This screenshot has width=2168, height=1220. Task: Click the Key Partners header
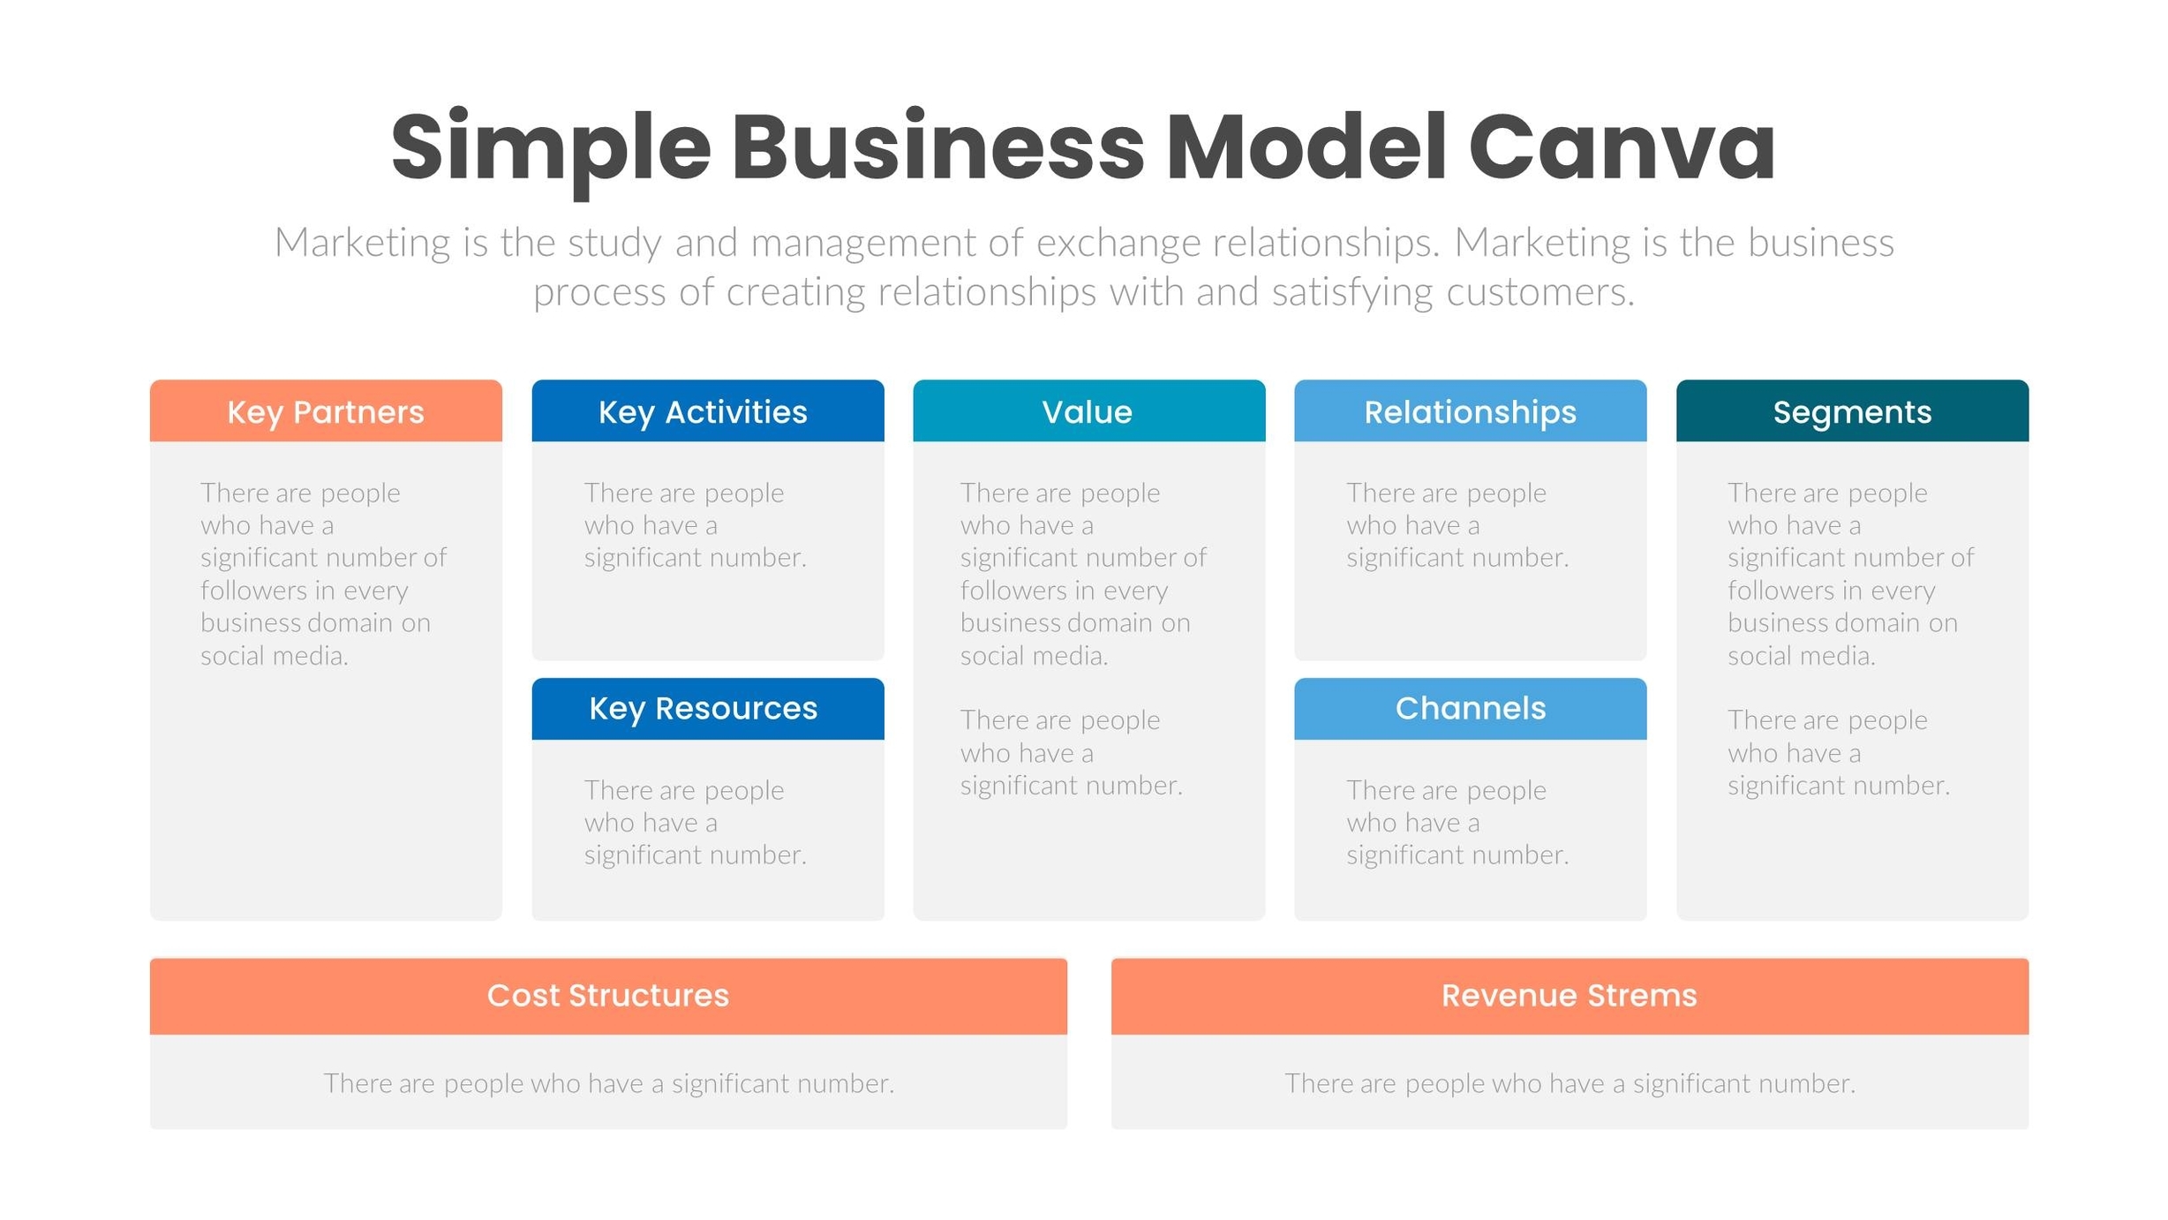[326, 411]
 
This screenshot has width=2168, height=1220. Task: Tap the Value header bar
[1088, 411]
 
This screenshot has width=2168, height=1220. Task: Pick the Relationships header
[1470, 411]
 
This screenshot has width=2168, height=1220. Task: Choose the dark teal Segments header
[1852, 411]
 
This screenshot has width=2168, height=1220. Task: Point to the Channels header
[1470, 708]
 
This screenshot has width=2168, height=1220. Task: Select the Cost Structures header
[607, 995]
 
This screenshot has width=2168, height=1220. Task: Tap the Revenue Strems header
[1569, 995]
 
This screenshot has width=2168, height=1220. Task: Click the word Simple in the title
[550, 148]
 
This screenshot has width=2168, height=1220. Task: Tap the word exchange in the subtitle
[1118, 243]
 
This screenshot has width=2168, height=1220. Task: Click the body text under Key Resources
[695, 822]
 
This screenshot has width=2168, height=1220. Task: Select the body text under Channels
[1457, 822]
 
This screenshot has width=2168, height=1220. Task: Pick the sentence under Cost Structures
[608, 1083]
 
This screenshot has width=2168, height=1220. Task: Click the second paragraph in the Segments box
[1838, 752]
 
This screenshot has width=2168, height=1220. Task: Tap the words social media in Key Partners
[274, 656]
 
